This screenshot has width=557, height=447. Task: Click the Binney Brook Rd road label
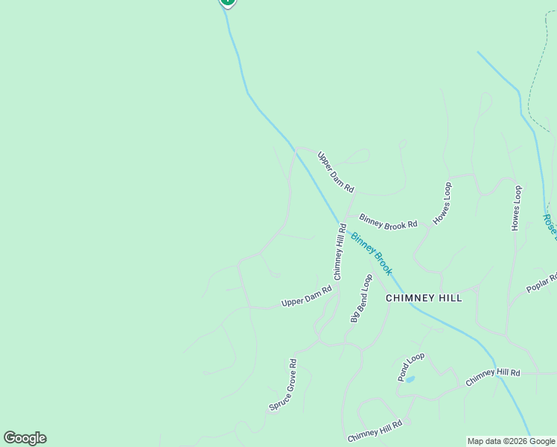388,221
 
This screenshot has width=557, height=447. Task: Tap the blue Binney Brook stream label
371,254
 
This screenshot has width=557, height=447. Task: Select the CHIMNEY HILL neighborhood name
424,298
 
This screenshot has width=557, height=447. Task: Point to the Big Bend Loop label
361,298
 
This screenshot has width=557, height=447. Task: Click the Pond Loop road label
410,367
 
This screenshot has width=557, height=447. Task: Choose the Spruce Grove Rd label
283,385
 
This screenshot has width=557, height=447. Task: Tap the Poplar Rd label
542,283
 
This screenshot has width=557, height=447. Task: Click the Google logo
25,438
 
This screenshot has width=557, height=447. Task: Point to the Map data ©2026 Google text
511,441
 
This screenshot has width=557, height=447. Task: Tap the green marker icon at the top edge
227,2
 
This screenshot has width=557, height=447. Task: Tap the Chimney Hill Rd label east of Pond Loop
492,376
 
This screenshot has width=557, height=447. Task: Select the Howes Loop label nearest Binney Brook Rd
442,203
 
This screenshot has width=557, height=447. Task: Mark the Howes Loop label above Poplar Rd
516,209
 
